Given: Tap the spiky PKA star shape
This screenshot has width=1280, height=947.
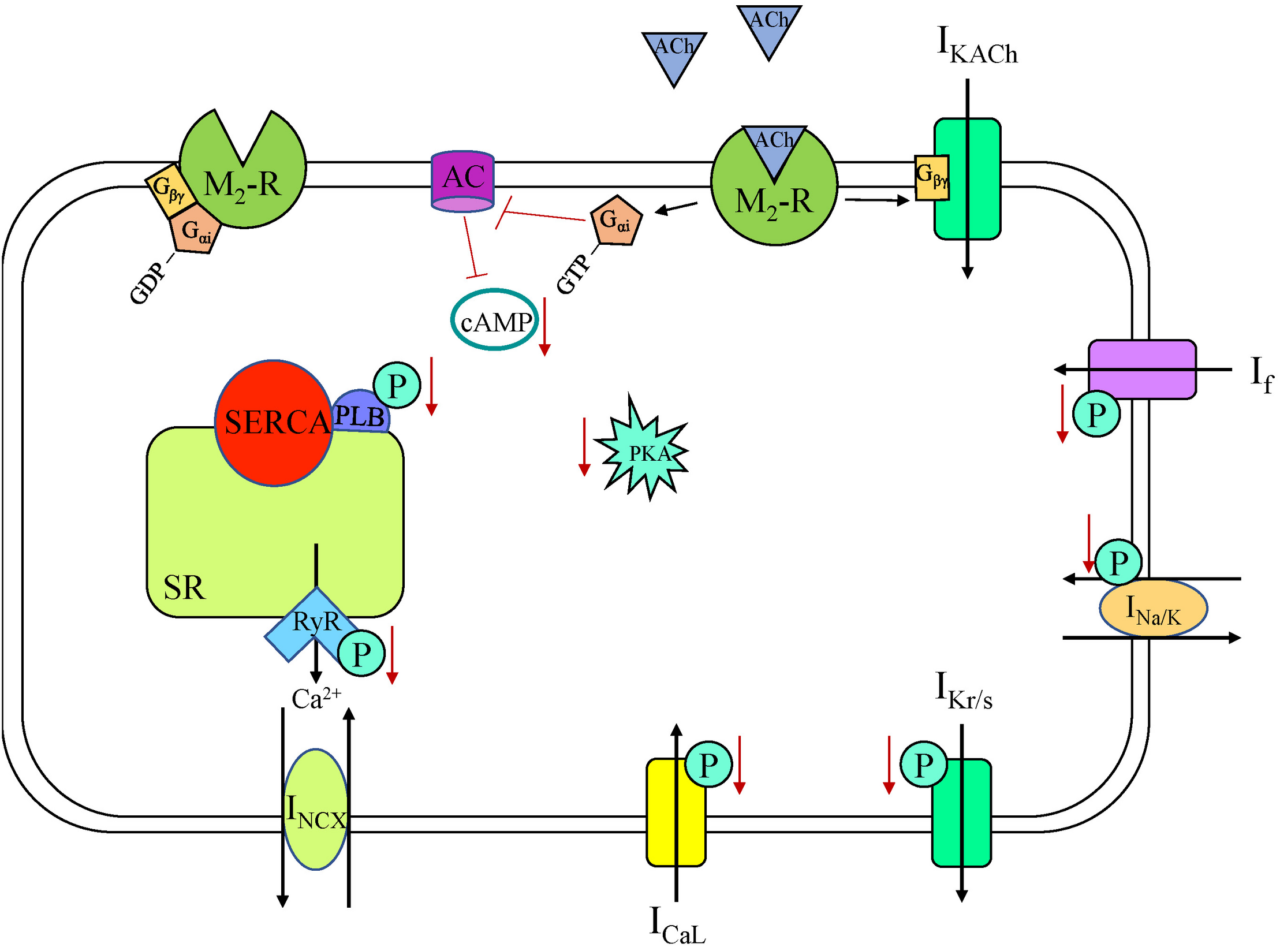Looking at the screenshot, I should pyautogui.click(x=643, y=452).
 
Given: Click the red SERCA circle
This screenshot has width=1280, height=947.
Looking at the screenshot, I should pyautogui.click(x=273, y=423).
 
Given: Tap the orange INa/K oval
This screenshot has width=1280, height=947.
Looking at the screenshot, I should pyautogui.click(x=1152, y=610).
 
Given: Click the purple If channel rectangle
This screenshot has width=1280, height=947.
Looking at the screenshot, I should pyautogui.click(x=1141, y=370).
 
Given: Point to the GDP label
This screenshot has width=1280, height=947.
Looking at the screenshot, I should pyautogui.click(x=146, y=283).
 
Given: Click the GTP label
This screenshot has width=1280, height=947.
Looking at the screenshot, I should pyautogui.click(x=573, y=274).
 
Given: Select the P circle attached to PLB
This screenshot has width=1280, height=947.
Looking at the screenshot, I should pyautogui.click(x=397, y=386).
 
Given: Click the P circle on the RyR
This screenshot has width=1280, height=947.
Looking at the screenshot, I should pyautogui.click(x=361, y=654).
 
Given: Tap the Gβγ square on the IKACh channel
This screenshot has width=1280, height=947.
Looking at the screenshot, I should pyautogui.click(x=931, y=178).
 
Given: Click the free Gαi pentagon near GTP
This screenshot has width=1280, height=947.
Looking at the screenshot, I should pyautogui.click(x=616, y=221).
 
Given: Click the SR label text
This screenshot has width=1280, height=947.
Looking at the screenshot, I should pyautogui.click(x=184, y=588).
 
